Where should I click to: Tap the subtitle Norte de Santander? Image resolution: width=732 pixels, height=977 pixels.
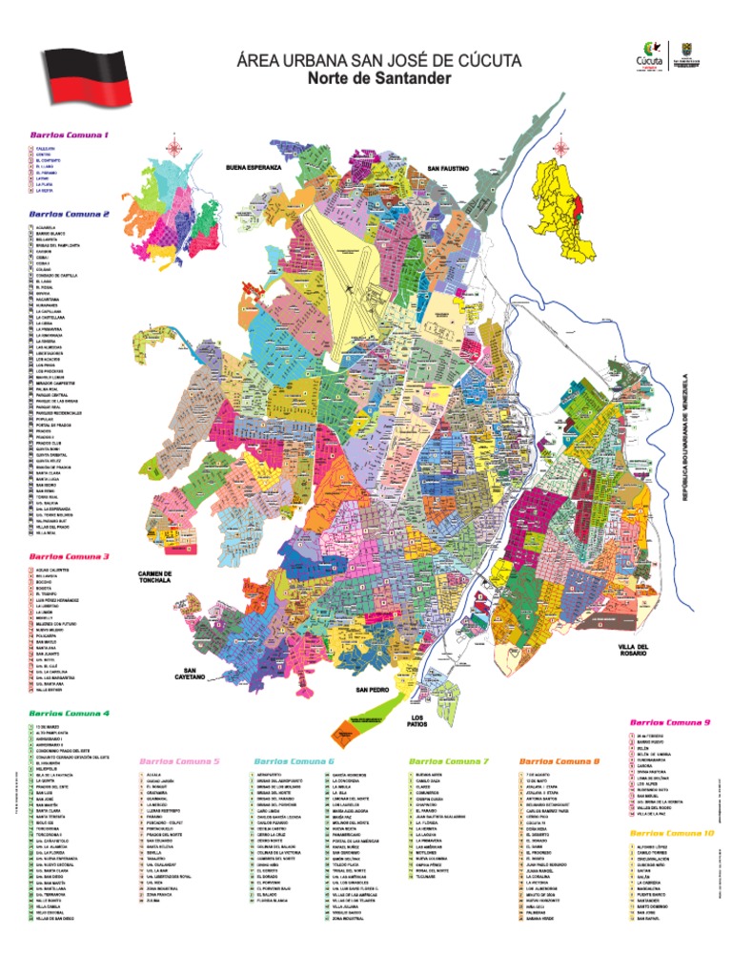(x=378, y=78)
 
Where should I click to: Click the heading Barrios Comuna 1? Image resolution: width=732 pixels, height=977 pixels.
(x=69, y=135)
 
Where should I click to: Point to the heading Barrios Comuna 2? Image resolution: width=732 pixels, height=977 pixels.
(x=69, y=214)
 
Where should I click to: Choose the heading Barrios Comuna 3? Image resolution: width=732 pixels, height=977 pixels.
(x=69, y=555)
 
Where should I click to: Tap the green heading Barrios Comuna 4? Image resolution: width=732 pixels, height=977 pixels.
(x=69, y=713)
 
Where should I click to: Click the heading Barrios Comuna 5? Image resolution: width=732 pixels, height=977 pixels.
(x=179, y=761)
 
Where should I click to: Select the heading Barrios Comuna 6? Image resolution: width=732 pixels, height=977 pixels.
(x=294, y=761)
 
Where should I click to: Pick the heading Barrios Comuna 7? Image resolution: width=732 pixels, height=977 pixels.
(x=448, y=761)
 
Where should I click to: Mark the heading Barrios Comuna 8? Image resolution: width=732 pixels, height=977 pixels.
(x=559, y=761)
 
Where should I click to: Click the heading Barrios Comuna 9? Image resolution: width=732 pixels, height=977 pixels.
(x=670, y=722)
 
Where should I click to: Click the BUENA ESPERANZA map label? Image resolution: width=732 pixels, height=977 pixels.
(x=254, y=167)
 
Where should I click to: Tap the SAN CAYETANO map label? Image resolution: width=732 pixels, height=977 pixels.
(x=191, y=674)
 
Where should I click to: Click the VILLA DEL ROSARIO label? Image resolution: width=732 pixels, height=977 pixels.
(x=634, y=651)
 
